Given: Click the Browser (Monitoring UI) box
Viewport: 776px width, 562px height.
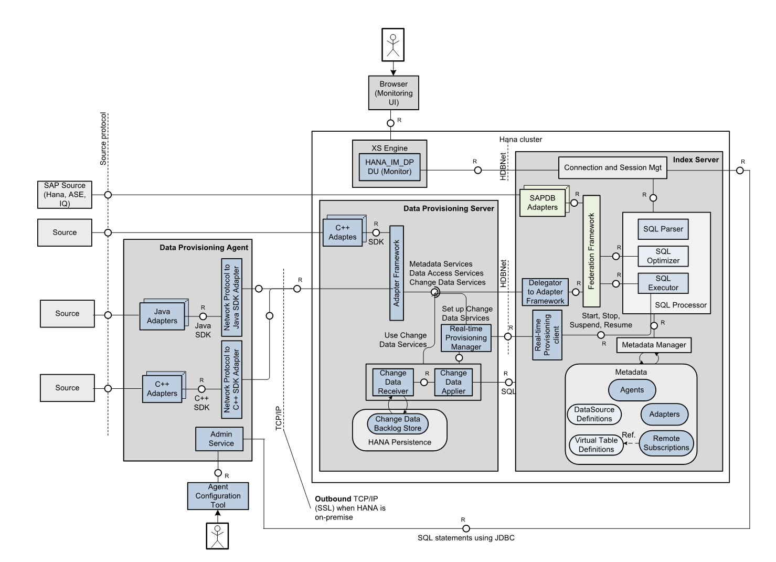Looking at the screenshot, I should [x=394, y=93].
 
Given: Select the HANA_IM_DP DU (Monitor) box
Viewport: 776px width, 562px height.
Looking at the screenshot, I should [x=389, y=167].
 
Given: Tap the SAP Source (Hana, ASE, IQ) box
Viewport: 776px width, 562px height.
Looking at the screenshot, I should [x=65, y=194].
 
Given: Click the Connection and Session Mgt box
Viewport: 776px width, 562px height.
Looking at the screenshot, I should [x=612, y=168].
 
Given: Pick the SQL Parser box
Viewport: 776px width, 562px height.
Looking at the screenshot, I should [x=663, y=229].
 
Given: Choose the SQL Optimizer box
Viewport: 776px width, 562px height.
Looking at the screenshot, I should [x=663, y=256].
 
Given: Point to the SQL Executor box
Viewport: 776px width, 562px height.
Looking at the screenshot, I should [x=663, y=283].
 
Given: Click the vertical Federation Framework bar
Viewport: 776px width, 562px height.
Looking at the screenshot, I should [x=591, y=251].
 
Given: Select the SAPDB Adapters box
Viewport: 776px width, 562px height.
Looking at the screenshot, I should [x=543, y=203].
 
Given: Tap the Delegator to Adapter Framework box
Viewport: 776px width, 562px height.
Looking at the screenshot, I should [x=546, y=292].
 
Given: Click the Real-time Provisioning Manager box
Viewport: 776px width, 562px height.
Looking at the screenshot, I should [x=466, y=338].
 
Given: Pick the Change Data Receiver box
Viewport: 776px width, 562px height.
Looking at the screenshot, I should [x=393, y=382].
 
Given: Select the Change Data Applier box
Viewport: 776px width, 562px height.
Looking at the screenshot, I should [x=453, y=382].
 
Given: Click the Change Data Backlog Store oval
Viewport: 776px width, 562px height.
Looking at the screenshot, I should [x=398, y=423].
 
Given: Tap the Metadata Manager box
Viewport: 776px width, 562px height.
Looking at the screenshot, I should [x=654, y=345].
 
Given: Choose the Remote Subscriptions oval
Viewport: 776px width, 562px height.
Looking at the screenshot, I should [x=666, y=443].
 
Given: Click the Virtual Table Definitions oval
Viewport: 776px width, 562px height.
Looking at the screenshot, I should [x=596, y=445].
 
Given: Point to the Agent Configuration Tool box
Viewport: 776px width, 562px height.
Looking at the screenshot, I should [x=218, y=496].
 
